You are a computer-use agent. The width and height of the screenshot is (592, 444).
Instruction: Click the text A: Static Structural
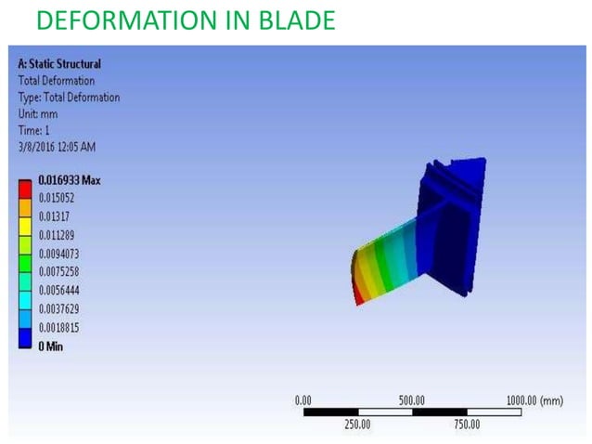click(x=59, y=64)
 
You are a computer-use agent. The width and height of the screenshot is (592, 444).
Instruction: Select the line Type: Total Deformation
click(x=69, y=98)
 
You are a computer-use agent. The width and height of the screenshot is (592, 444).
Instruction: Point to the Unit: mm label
click(x=40, y=114)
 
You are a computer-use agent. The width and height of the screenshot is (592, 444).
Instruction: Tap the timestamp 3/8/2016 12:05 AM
click(x=57, y=147)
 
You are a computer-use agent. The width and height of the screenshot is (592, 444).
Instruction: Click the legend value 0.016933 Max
click(x=70, y=180)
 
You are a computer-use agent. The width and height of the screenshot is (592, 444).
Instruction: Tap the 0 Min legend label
click(x=51, y=346)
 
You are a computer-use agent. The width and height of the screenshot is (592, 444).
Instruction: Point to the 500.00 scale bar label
click(x=411, y=399)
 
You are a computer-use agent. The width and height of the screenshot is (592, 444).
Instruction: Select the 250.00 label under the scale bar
click(x=357, y=424)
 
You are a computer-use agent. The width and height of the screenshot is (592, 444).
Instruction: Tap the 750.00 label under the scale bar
click(x=466, y=424)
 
